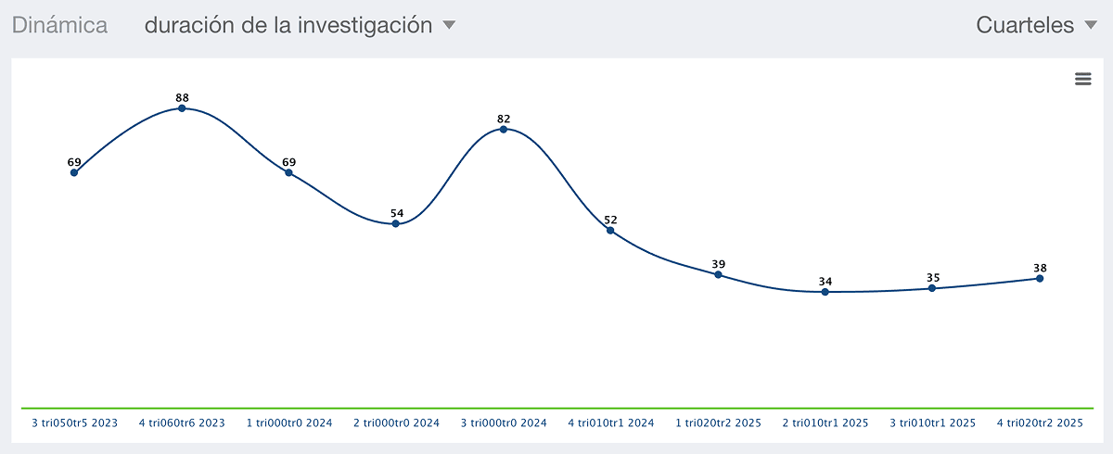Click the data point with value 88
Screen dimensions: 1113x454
tap(182, 108)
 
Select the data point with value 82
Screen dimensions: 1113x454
tap(504, 130)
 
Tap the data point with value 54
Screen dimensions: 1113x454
tap(395, 224)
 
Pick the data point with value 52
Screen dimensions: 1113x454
tap(610, 230)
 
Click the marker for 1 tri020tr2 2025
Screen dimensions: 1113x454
tap(718, 274)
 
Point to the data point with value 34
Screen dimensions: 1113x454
tap(825, 292)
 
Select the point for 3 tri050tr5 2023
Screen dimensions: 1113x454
tap(74, 172)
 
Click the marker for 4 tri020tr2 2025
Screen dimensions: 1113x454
tap(1040, 278)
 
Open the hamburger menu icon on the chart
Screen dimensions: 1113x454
tap(1083, 79)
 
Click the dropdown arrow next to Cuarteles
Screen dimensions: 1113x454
tap(1091, 24)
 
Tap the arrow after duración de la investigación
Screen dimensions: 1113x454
tap(449, 24)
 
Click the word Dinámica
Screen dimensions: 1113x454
tap(59, 25)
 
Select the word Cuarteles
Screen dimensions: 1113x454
tap(1025, 25)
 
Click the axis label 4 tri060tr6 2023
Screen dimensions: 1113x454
tap(182, 423)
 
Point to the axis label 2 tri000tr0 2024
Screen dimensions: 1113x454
tap(397, 423)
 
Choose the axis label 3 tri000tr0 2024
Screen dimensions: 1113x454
tap(504, 423)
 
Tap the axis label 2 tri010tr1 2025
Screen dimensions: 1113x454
tap(825, 423)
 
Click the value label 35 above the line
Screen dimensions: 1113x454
tap(933, 277)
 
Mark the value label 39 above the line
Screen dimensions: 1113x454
tap(719, 264)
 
